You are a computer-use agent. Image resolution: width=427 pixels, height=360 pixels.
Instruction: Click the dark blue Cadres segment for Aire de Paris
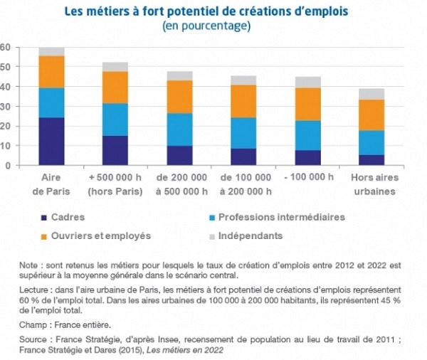[x=51, y=141]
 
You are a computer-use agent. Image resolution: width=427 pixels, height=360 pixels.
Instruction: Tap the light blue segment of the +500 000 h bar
[x=115, y=120]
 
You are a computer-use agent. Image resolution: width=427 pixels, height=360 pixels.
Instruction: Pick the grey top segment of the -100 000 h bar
[x=308, y=82]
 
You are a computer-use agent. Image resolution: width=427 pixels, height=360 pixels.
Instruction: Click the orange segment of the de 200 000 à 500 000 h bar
[x=179, y=97]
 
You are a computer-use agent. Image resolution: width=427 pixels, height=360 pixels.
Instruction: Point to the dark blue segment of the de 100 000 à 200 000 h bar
[x=243, y=157]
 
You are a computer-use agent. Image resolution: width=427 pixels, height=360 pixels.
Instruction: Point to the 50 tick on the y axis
[x=5, y=67]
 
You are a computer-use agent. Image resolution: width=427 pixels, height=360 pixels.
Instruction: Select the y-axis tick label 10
[x=5, y=146]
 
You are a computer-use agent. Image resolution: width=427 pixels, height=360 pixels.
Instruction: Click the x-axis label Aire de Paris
[x=51, y=184]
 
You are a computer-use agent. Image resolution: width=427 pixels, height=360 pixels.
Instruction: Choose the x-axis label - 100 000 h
[x=308, y=177]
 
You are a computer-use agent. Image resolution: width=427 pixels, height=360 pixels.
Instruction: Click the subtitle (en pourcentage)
[x=211, y=26]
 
